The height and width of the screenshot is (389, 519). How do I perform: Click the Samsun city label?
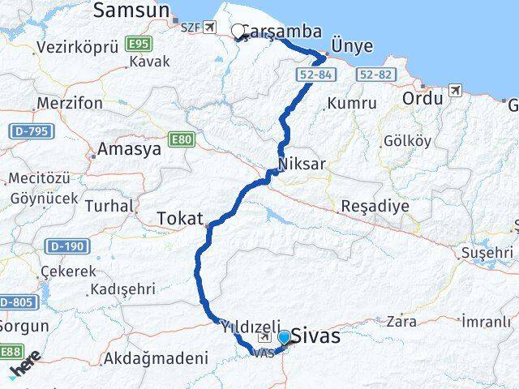[x=131, y=10]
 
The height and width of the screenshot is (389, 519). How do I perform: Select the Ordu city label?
[x=422, y=97]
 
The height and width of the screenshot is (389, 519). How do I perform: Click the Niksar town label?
[x=301, y=165]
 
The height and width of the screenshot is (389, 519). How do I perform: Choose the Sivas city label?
[x=316, y=336]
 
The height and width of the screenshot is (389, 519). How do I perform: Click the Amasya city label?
[x=125, y=149]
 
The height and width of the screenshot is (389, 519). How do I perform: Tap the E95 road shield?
[x=137, y=42]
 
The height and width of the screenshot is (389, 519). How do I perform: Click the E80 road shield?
[x=182, y=140]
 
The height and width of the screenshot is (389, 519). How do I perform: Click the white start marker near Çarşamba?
[x=238, y=32]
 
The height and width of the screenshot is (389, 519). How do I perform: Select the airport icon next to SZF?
[x=211, y=27]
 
